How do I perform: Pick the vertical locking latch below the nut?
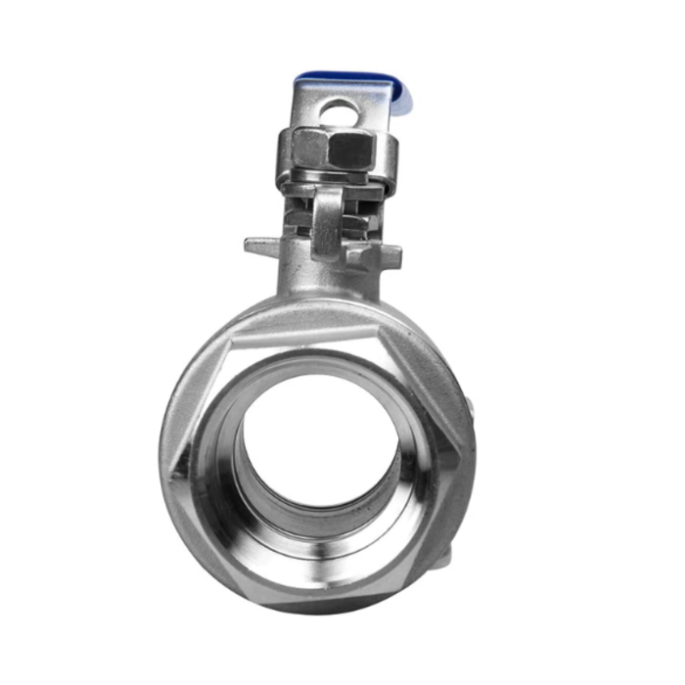point(327,220)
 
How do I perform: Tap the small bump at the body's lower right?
point(445,555)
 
